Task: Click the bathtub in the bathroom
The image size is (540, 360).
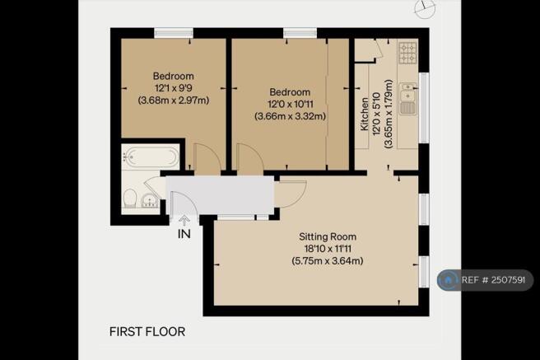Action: click(151, 157)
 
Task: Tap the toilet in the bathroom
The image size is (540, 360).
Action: click(130, 199)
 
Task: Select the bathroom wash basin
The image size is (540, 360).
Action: click(150, 201)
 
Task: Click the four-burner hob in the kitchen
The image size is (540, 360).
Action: click(407, 53)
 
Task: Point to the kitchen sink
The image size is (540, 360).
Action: click(408, 99)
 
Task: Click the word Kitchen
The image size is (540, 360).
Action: click(365, 114)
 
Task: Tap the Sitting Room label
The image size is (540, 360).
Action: click(328, 236)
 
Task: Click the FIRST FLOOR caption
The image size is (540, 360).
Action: click(147, 331)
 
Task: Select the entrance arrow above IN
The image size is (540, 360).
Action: click(184, 221)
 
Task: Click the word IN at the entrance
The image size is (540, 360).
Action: click(184, 234)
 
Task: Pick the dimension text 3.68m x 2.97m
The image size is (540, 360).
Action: click(174, 101)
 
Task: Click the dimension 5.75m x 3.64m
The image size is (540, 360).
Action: click(328, 261)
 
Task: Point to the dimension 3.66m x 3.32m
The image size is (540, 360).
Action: click(291, 116)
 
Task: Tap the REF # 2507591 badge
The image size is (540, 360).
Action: click(485, 280)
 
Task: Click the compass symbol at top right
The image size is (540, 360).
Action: click(425, 7)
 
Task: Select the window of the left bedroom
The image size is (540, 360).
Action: click(174, 33)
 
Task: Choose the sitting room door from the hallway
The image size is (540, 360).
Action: click(291, 192)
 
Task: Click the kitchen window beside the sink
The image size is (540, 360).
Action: click(424, 107)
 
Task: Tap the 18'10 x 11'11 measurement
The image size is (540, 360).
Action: click(328, 249)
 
